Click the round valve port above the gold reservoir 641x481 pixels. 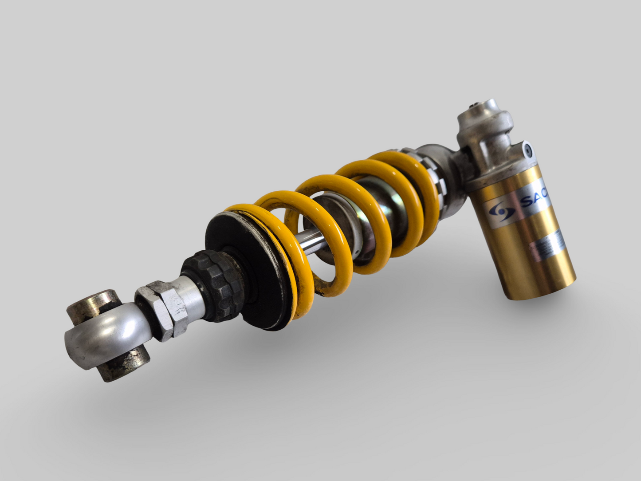(527, 150)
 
